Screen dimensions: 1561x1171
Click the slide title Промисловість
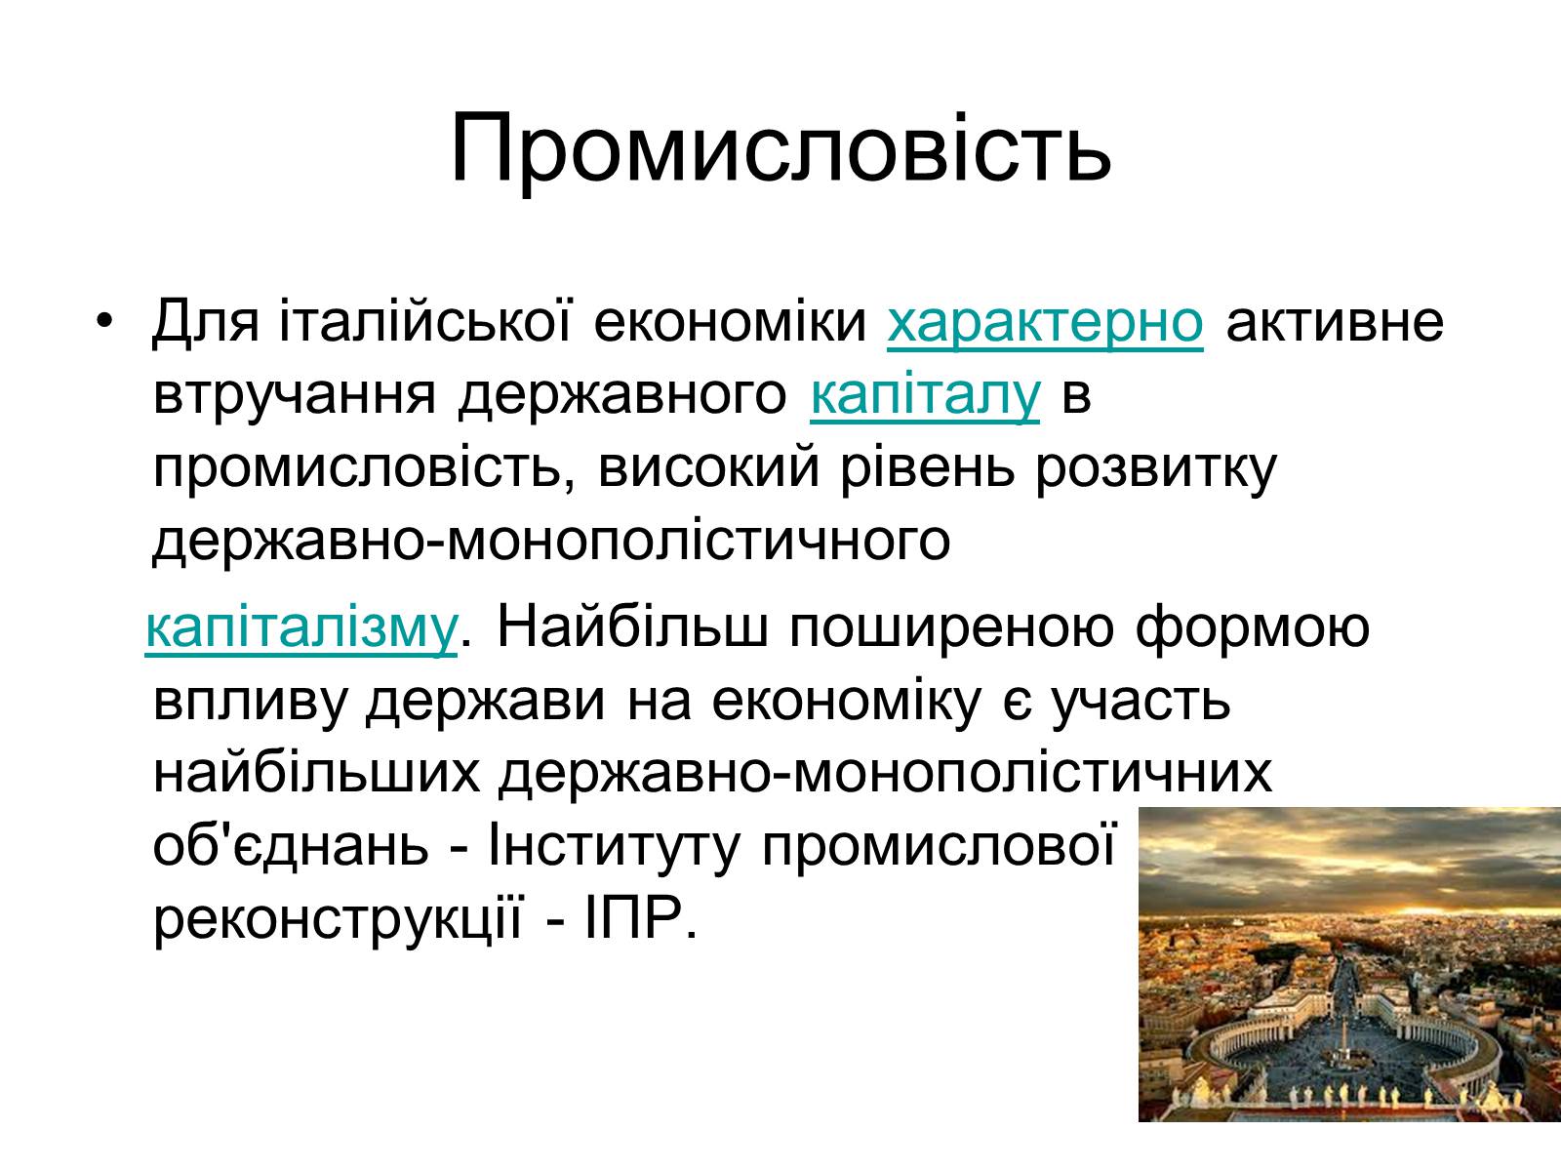(780, 150)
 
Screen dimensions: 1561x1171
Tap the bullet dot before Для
(104, 320)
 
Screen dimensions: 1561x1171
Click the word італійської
(425, 321)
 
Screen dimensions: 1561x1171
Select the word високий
(708, 469)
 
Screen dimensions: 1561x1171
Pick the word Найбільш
(631, 626)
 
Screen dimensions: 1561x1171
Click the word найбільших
(316, 774)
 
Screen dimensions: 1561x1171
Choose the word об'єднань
(291, 847)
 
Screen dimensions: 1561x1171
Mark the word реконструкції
(338, 921)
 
